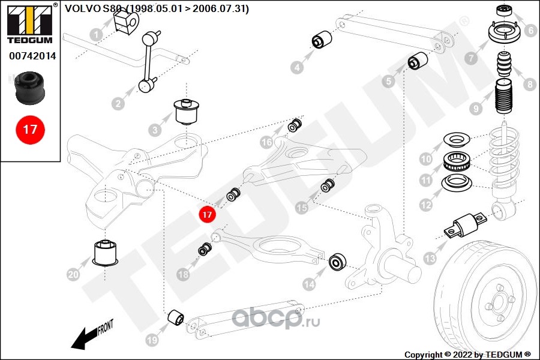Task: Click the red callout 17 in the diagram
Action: [206, 214]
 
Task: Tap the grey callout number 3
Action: [155, 130]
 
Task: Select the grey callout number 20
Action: [73, 275]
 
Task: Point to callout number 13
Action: [430, 259]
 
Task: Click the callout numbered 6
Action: [531, 31]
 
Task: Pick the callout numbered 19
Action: [152, 340]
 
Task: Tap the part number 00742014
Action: [32, 56]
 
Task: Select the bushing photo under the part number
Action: [29, 88]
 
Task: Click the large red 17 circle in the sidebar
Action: [30, 130]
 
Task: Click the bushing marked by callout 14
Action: [337, 262]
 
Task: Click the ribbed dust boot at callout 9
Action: [504, 97]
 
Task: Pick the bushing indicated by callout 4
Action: [322, 40]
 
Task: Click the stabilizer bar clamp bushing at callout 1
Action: [125, 22]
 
